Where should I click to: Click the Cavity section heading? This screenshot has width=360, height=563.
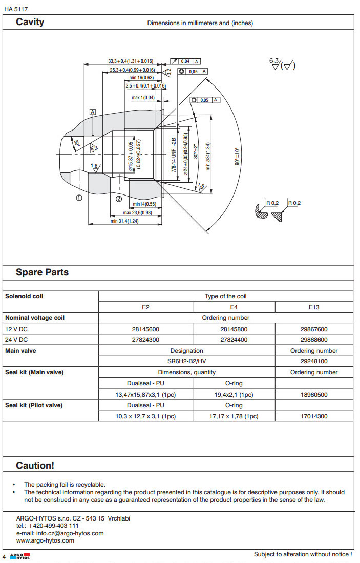(30, 22)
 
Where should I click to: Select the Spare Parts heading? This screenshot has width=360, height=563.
(42, 272)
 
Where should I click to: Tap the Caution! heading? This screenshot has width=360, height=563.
(35, 465)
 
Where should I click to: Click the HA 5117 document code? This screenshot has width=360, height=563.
(16, 9)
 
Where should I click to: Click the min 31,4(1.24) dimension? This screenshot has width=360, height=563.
(125, 221)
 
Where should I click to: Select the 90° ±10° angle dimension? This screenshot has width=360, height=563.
(237, 157)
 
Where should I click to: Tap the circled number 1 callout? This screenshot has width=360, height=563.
(78, 198)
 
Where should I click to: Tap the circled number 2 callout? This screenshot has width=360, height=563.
(118, 199)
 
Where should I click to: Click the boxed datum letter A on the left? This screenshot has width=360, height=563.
(93, 112)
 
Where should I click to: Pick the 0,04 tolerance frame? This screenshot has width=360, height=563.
(185, 61)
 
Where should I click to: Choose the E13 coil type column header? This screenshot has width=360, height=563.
(314, 307)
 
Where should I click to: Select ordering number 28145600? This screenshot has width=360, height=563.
(145, 329)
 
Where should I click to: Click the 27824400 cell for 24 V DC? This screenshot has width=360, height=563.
(234, 340)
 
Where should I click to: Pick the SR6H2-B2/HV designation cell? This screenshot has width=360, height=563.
(186, 361)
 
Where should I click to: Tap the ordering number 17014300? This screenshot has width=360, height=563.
(314, 416)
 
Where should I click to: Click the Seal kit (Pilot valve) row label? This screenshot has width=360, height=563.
(34, 405)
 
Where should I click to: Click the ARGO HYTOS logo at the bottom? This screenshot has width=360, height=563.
(20, 556)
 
